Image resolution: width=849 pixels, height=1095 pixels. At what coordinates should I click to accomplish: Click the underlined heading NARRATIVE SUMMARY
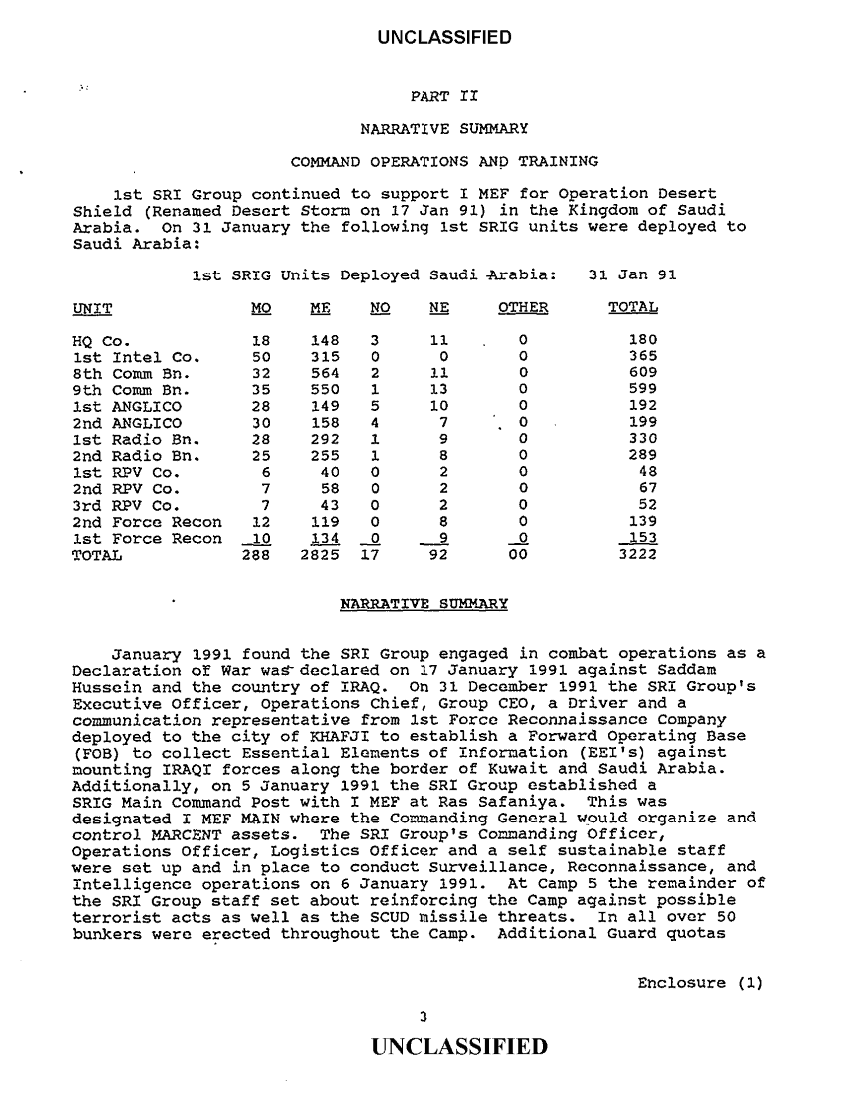tap(424, 603)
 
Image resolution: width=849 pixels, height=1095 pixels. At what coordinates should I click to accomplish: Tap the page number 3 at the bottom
tap(424, 1017)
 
